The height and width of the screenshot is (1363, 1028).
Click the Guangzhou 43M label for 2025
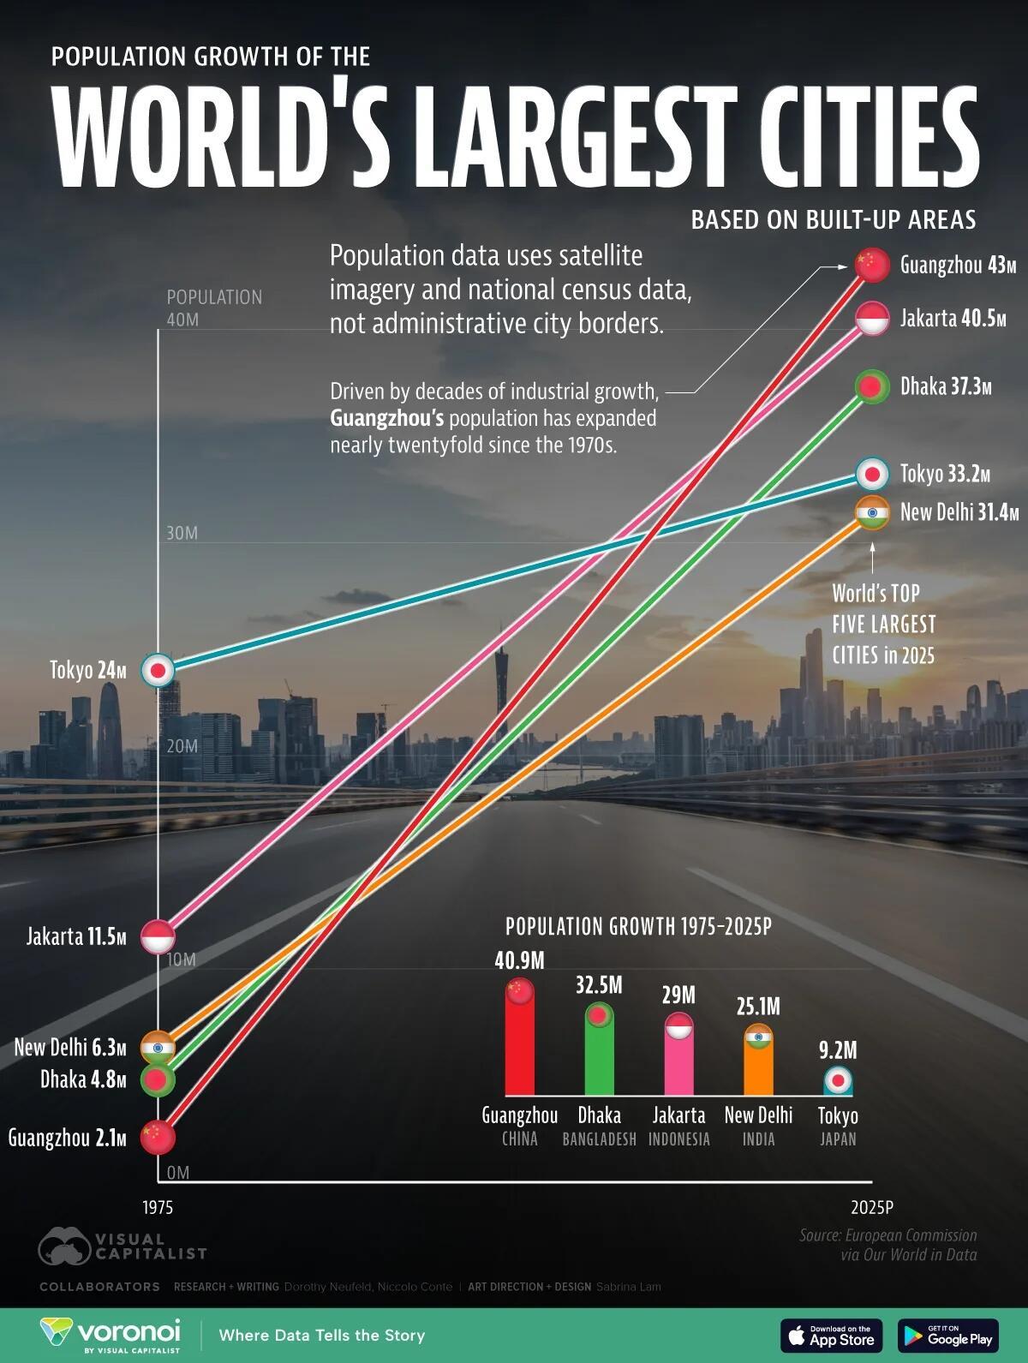click(x=957, y=265)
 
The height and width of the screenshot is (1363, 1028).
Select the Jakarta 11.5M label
click(x=76, y=936)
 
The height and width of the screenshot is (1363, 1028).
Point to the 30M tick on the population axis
click(x=182, y=533)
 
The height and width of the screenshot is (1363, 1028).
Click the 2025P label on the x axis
click(x=872, y=1207)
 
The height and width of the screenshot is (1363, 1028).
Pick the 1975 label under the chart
click(x=158, y=1207)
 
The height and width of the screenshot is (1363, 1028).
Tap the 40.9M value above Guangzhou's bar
click(x=519, y=960)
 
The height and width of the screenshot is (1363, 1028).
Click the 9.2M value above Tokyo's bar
click(x=838, y=1049)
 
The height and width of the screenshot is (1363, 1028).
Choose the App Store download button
click(x=830, y=1335)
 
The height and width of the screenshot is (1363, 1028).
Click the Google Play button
click(x=947, y=1335)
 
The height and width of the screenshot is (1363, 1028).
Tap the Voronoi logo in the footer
click(x=111, y=1335)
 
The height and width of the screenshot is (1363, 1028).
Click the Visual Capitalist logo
click(x=123, y=1246)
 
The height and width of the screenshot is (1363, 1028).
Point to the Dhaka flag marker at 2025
click(x=872, y=387)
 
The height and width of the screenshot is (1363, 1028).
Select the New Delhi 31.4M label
click(x=959, y=512)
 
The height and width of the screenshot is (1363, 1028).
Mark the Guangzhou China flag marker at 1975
click(x=158, y=1137)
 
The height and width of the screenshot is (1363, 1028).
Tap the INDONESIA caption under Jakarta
click(x=678, y=1139)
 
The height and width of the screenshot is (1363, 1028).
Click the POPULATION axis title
click(x=214, y=297)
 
